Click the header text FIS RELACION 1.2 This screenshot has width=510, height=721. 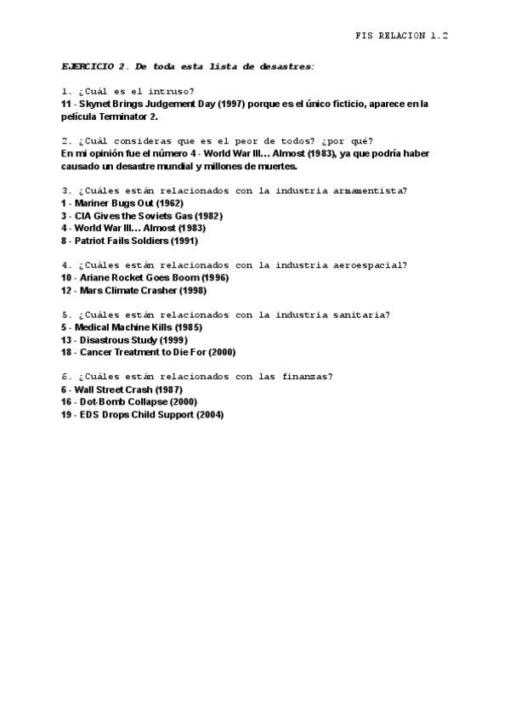click(x=401, y=36)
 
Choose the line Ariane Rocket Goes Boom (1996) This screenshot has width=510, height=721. click(x=144, y=277)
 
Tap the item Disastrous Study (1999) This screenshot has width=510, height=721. click(x=122, y=339)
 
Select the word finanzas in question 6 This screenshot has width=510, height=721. click(x=306, y=377)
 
